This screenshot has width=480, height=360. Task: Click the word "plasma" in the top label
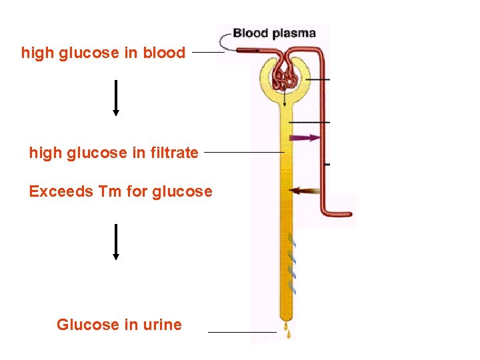(x=295, y=34)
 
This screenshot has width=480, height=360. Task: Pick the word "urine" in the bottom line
(x=162, y=325)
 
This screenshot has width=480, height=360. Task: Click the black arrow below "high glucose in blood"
(x=116, y=97)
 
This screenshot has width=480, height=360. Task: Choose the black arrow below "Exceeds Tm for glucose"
(x=116, y=241)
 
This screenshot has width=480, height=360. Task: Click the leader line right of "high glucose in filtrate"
(x=244, y=153)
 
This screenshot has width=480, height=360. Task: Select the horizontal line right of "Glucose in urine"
(x=242, y=331)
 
